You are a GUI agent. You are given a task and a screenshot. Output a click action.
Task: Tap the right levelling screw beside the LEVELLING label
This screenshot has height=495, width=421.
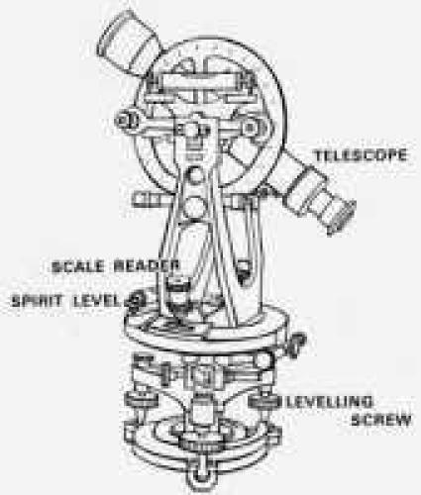265,404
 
